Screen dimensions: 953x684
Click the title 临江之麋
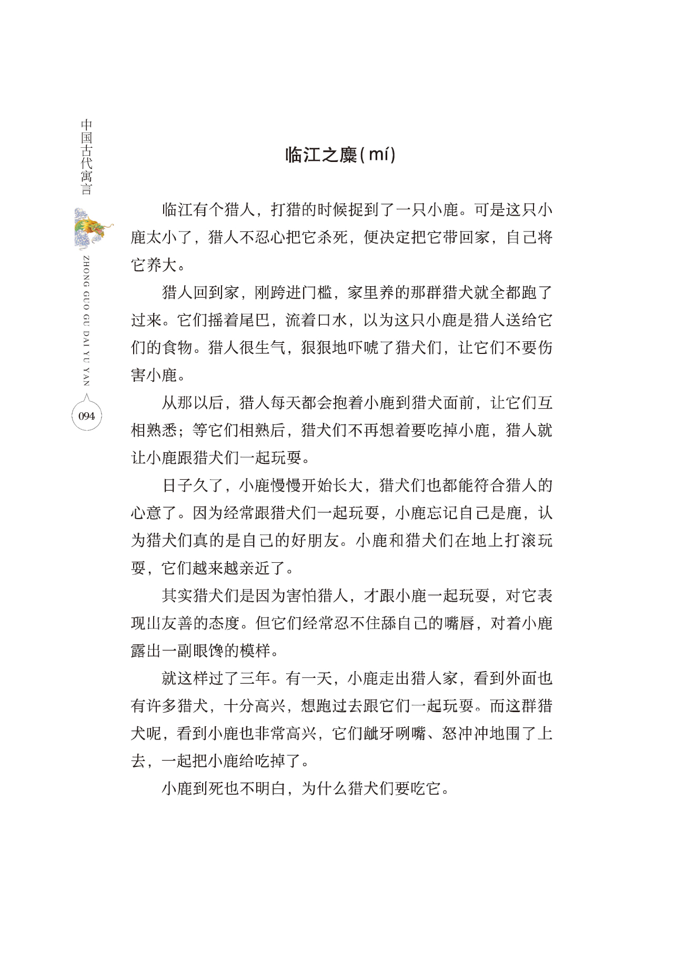tap(321, 155)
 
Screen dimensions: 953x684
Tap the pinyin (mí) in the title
tap(378, 155)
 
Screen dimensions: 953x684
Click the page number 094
tap(86, 416)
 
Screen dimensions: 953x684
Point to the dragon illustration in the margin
tap(92, 228)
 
